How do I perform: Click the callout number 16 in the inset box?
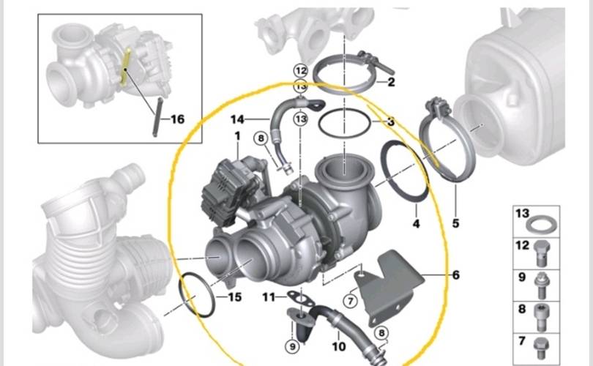point(178,119)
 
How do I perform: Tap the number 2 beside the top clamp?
point(391,82)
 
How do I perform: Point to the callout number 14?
point(237,119)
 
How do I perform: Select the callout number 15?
point(235,296)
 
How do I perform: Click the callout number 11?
point(269,297)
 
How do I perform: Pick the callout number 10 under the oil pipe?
point(339,346)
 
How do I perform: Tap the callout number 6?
point(455,275)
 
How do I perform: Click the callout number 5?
point(455,223)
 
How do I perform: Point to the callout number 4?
point(416,224)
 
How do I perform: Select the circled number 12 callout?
point(301,71)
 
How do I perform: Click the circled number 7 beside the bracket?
point(350,301)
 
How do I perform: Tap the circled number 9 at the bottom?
point(292,346)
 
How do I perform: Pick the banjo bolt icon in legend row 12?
point(542,253)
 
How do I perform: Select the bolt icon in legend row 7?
point(541,348)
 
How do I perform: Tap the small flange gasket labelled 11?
point(301,298)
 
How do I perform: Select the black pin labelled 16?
point(157,117)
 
